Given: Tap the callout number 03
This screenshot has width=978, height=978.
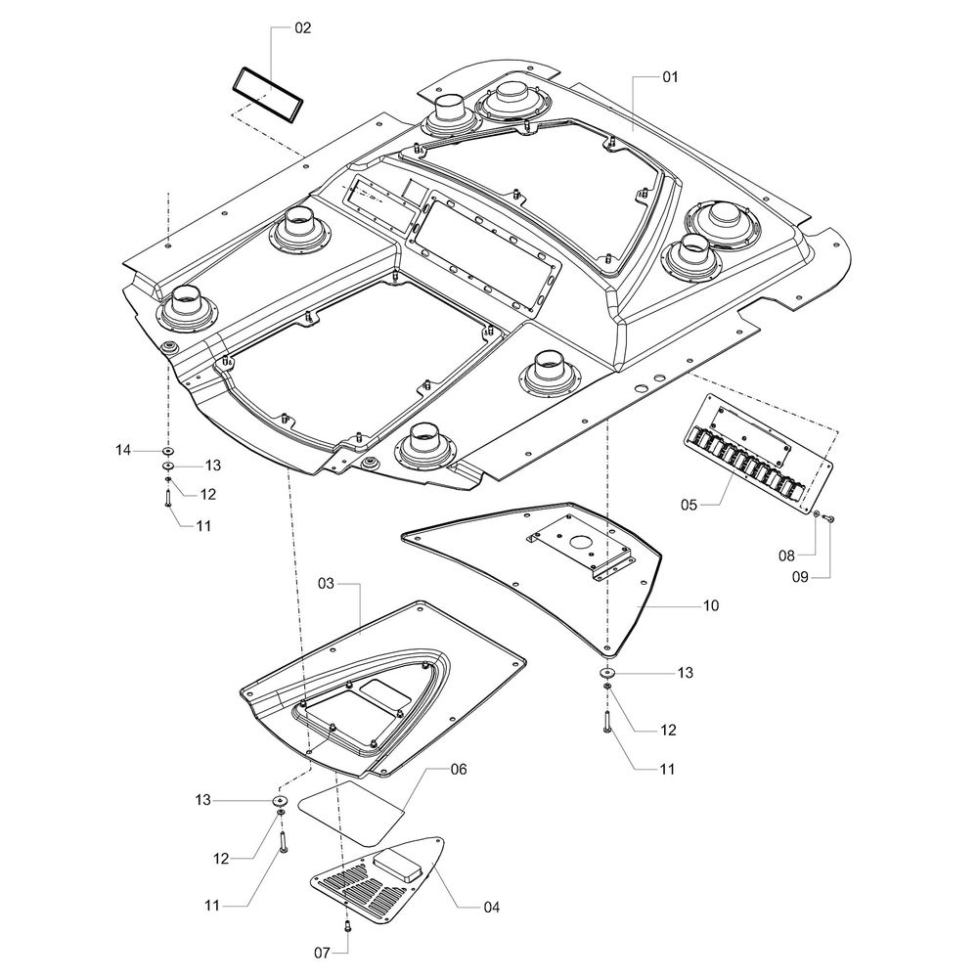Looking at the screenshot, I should point(327,583).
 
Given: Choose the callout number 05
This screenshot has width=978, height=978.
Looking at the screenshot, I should point(690,505).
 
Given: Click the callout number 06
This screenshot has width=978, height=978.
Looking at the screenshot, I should point(459,769).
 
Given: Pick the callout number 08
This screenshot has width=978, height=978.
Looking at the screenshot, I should point(787,555).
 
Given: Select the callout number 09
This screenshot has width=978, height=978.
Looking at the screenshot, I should point(801,576).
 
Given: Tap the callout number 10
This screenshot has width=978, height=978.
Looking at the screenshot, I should point(710,606).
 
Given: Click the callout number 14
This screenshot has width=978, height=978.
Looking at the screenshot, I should point(122,450).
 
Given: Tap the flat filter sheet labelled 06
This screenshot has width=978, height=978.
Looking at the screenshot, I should point(352,810).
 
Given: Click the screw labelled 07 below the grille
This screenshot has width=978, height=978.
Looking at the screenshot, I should point(346,925).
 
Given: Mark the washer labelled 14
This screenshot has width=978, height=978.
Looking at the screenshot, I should point(167,451).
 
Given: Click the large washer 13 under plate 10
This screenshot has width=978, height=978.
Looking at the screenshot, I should point(607,673).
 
